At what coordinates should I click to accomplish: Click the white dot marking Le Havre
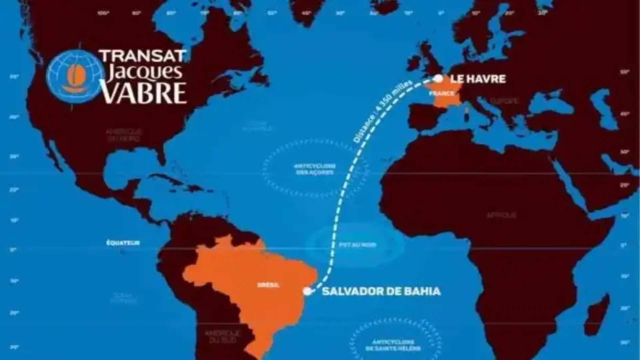pos(439,79)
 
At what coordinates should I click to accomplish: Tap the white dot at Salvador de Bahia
pos(307,291)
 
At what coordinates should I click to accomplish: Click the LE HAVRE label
pos(478,79)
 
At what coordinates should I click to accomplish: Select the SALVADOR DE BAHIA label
pos(381,291)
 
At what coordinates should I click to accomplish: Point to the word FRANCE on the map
pos(441,94)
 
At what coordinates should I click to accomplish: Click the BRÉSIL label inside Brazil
pos(268,285)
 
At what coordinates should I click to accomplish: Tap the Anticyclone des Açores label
pos(315,169)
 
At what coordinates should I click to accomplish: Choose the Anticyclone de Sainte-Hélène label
pos(393,345)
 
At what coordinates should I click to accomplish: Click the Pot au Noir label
pos(357,245)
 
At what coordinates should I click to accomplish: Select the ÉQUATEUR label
pos(123,243)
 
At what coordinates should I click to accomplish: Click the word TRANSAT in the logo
pos(143,56)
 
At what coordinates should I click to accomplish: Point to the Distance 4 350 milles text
pos(383,111)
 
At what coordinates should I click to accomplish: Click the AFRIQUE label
pos(501,215)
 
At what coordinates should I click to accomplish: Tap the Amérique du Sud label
pos(222,337)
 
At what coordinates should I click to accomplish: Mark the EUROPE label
pos(504,100)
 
